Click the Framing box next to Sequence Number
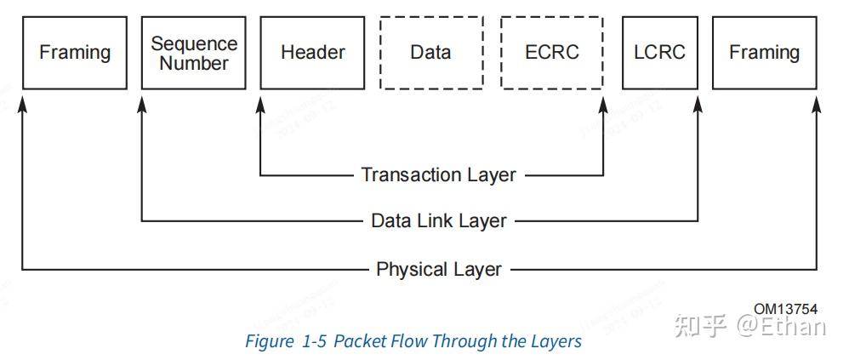click(x=75, y=53)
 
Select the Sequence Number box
click(x=194, y=53)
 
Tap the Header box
click(x=313, y=53)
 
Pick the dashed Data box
click(x=430, y=53)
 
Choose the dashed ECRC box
click(x=552, y=53)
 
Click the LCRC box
click(x=659, y=53)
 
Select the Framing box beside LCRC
click(x=764, y=53)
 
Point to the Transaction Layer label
click(x=438, y=175)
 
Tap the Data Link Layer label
click(x=438, y=221)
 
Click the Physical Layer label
click(x=438, y=270)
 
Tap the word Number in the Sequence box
click(x=194, y=64)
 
